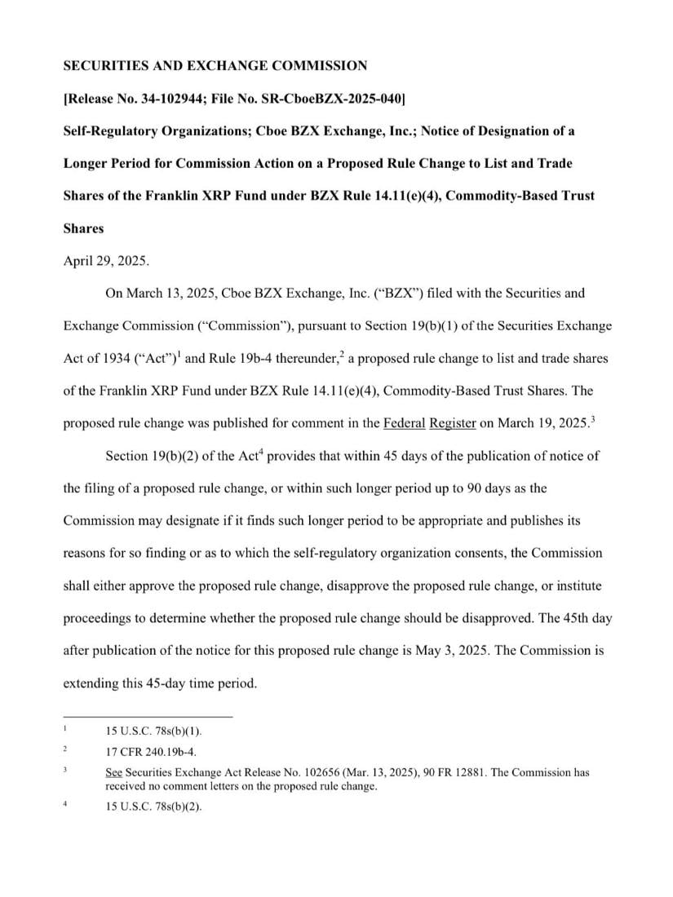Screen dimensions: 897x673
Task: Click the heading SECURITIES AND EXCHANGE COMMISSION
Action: (215, 66)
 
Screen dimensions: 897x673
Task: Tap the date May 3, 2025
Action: (418, 651)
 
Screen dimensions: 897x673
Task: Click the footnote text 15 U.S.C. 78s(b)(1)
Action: (153, 731)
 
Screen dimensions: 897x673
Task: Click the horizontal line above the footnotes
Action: (148, 717)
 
